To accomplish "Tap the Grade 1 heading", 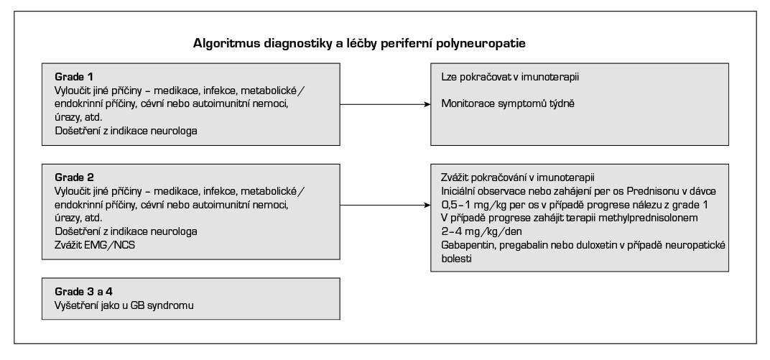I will (x=74, y=75).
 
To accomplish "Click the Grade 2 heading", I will (x=74, y=177).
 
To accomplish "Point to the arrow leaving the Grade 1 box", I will (x=384, y=104).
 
